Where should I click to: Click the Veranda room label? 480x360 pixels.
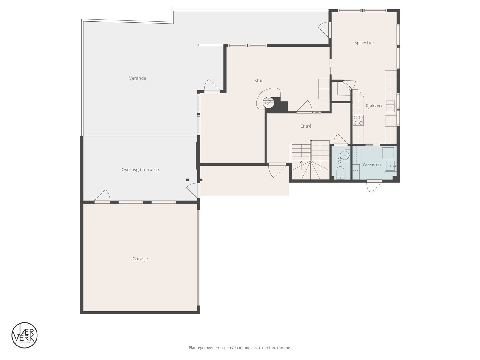point(138,78)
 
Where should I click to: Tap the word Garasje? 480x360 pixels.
point(140,259)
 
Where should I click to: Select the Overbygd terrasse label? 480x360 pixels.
point(140,169)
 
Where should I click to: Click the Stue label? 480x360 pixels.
point(259,81)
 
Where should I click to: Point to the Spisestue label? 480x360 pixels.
point(364,43)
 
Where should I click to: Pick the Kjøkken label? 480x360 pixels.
point(373,106)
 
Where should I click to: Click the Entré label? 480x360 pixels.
point(306,126)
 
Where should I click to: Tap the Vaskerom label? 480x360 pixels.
point(372,164)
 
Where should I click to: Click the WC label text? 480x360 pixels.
point(340,160)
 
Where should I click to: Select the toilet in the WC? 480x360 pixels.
point(340,173)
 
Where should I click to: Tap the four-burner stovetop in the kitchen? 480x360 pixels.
point(358,120)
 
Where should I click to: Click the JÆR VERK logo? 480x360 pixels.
point(25,335)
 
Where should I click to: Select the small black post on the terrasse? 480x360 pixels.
point(187,180)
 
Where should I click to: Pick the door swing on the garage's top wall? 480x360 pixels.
point(103,196)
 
